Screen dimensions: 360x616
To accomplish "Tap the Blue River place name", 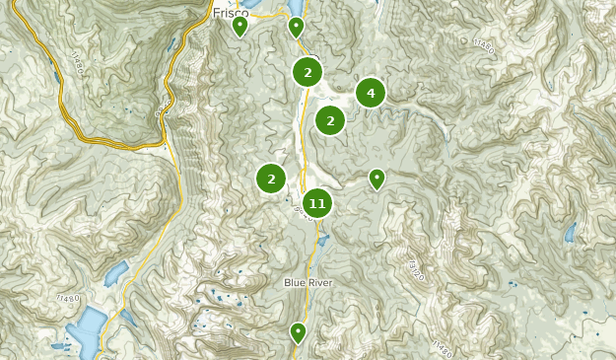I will point(308,283).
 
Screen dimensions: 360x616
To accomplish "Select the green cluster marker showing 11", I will point(316,203).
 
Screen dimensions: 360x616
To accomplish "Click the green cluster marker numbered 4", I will point(371,93).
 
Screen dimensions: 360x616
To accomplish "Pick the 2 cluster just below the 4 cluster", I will point(330,120).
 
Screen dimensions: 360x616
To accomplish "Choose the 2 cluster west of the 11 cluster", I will point(271,179).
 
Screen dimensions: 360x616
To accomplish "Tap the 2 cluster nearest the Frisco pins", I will point(308,71).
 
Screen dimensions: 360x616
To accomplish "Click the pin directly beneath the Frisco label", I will point(240,27).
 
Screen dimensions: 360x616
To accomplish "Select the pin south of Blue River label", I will point(298,332).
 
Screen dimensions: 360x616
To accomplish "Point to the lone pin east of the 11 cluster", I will point(376,179).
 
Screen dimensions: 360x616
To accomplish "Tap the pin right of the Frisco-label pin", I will point(296,28).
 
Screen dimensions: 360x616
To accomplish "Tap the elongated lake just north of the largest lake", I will point(115,273).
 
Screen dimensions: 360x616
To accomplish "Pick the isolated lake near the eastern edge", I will point(570,233).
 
